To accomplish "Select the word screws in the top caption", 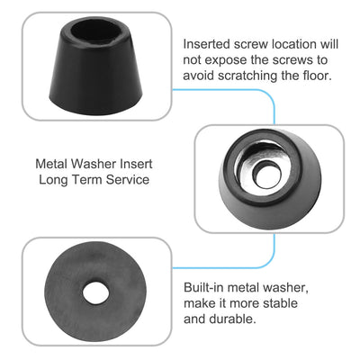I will click(301, 59).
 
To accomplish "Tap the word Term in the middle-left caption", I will click(90, 182).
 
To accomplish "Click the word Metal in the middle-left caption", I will click(51, 166).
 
